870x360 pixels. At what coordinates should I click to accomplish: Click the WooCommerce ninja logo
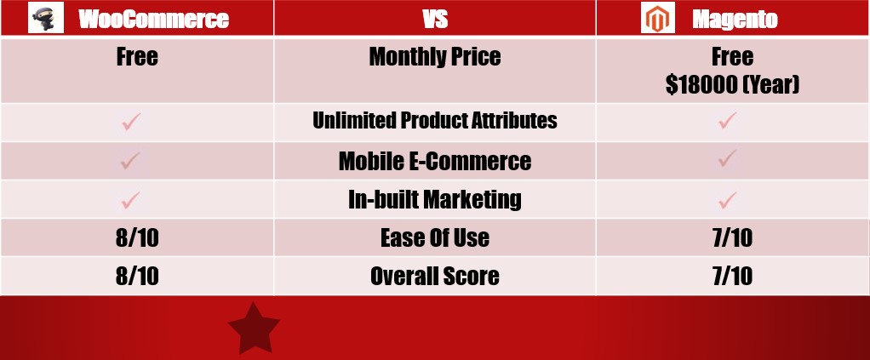45,17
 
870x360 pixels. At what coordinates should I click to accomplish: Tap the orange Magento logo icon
657,17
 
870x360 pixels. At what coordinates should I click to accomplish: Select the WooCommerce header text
154,19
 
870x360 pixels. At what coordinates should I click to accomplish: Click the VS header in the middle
435,19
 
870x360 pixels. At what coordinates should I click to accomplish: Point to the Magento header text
735,20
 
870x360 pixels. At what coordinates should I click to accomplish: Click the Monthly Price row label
435,56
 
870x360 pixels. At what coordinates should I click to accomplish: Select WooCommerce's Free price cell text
137,56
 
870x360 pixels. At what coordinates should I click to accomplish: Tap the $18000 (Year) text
732,85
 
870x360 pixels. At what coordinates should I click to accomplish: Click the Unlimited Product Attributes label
435,120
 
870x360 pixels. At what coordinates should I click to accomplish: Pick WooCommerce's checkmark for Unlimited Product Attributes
131,122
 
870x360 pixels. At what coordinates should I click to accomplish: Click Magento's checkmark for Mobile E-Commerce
727,158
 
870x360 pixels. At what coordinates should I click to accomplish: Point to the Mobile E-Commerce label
435,161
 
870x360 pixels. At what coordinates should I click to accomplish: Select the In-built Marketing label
435,200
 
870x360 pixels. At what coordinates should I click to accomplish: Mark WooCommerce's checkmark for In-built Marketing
131,200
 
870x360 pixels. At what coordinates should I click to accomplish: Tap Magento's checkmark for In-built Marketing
727,200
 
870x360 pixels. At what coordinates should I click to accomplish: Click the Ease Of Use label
435,238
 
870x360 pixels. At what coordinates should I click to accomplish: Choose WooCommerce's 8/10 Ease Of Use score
137,238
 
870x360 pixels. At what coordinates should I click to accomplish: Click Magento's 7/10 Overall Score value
732,277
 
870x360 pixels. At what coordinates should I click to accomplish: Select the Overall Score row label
435,277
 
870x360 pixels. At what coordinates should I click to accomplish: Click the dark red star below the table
254,329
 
